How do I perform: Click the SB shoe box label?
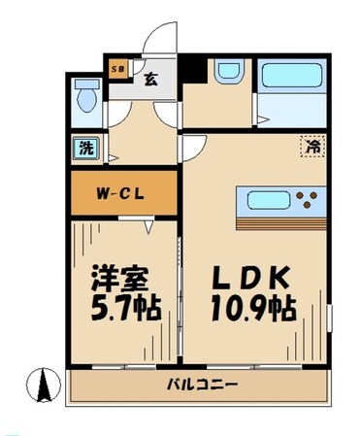117,69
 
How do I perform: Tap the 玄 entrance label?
152,81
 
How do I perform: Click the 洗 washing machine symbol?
86,150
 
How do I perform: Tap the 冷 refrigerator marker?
312,148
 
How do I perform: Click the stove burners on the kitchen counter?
311,202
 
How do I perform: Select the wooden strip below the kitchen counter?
281,223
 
